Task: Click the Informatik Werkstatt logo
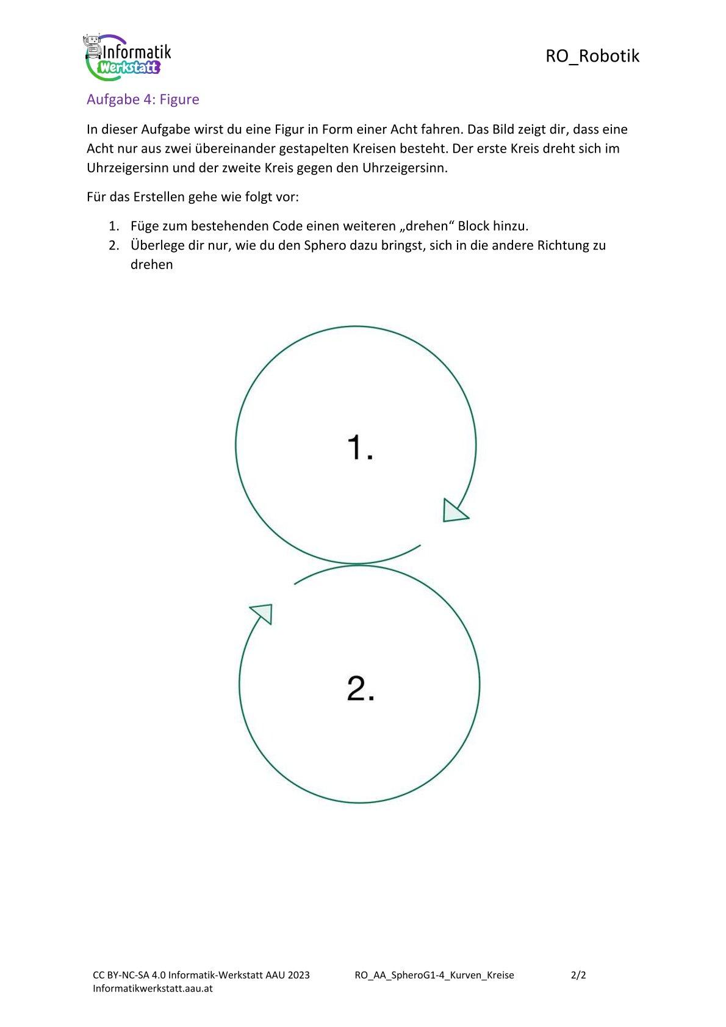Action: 127,56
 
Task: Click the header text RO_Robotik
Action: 592,56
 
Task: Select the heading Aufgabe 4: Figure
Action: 143,99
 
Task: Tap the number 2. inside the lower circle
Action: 361,688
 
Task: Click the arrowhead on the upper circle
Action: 454,511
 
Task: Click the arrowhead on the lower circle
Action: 263,612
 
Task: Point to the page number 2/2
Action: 578,975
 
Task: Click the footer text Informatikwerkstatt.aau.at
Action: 153,988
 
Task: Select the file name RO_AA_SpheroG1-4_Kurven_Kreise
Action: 434,975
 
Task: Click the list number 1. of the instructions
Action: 114,226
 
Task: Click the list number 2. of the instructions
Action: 114,245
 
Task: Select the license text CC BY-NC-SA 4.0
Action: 129,975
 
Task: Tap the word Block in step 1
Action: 473,226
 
